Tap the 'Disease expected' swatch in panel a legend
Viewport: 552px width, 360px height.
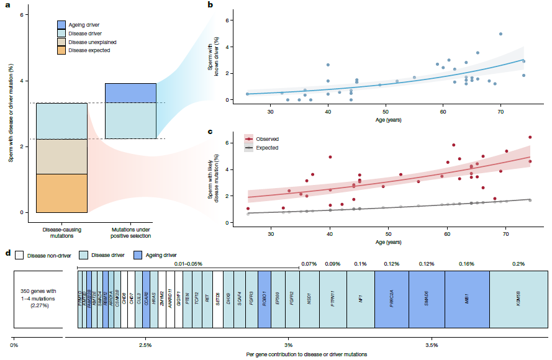pyautogui.click(x=61, y=50)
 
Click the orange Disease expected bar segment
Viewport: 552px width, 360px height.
pyautogui.click(x=61, y=193)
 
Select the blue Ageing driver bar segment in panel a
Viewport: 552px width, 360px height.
pyautogui.click(x=130, y=92)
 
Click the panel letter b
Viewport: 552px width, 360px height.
pyautogui.click(x=210, y=5)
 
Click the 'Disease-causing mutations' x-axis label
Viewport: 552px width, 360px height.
pyautogui.click(x=61, y=232)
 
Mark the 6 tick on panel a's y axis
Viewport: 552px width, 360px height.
pyautogui.click(x=22, y=14)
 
